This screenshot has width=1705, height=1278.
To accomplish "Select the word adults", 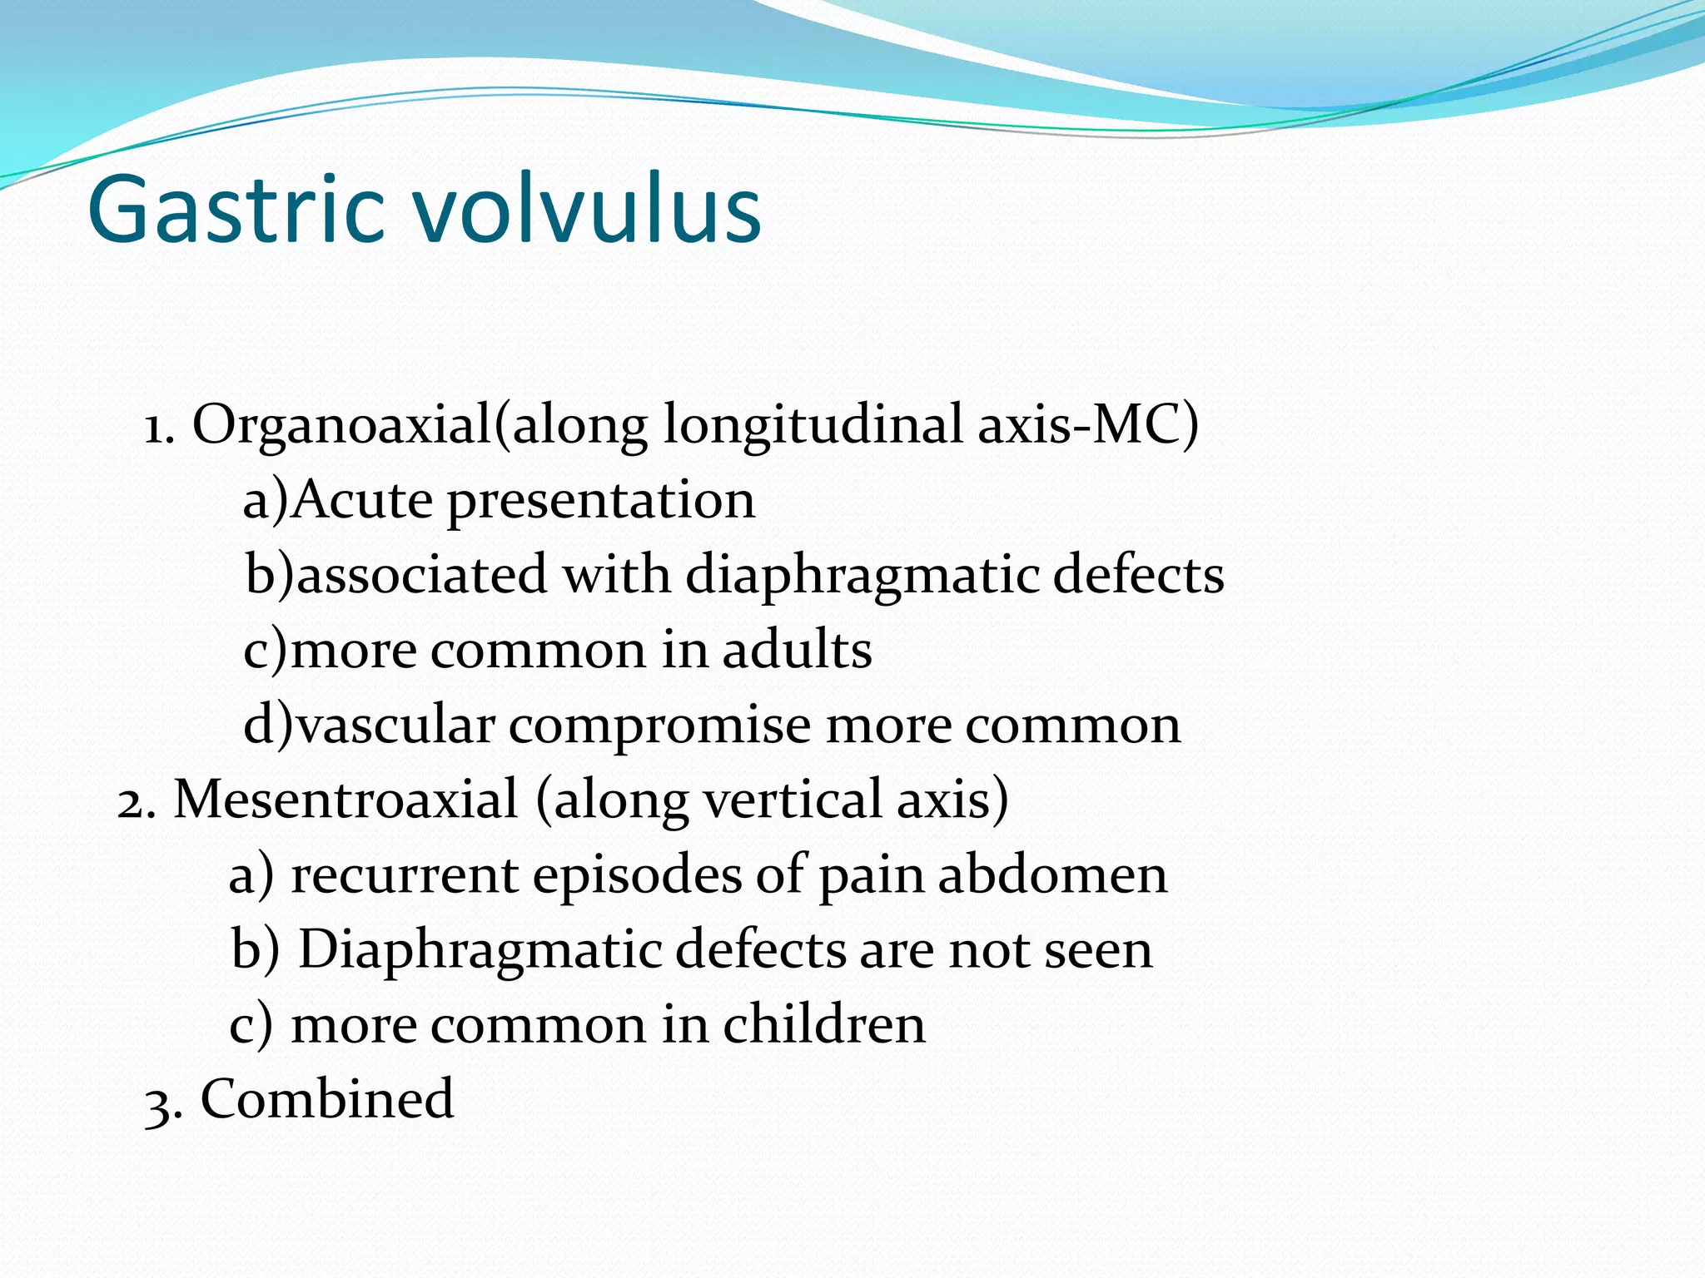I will click(797, 650).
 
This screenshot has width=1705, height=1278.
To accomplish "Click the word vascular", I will click(395, 725).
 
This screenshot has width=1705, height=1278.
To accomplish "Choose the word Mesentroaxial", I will click(345, 800).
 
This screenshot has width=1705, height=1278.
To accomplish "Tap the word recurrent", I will click(405, 875).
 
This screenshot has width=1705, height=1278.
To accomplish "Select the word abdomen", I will click(1052, 874).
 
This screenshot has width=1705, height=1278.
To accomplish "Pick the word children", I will click(823, 1024).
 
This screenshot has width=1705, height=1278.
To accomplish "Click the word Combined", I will click(327, 1099).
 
